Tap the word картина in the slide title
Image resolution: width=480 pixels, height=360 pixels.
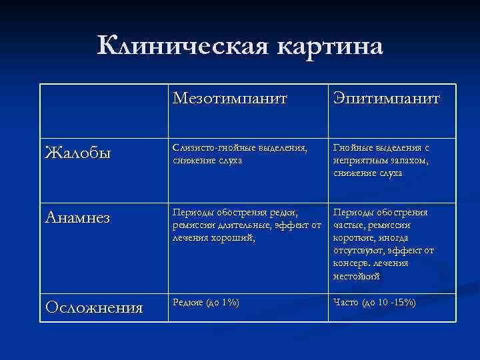click(x=325, y=47)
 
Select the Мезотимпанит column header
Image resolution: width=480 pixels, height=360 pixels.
click(x=230, y=99)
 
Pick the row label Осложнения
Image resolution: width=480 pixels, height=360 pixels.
click(x=93, y=307)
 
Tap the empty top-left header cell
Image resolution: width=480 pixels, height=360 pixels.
click(x=103, y=110)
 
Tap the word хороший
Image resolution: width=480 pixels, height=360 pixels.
click(x=231, y=237)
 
